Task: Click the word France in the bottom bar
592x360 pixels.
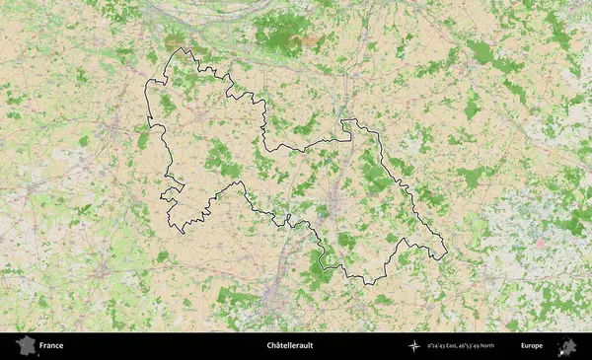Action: [51, 346]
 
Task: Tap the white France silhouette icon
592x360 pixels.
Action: [25, 346]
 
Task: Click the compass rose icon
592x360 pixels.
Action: [412, 346]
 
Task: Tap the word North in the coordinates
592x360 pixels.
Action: [510, 346]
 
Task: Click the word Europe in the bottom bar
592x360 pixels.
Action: [532, 346]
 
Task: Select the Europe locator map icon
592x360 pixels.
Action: [567, 346]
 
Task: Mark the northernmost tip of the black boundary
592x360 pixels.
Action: [180, 48]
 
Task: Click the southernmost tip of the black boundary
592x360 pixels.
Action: [367, 284]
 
